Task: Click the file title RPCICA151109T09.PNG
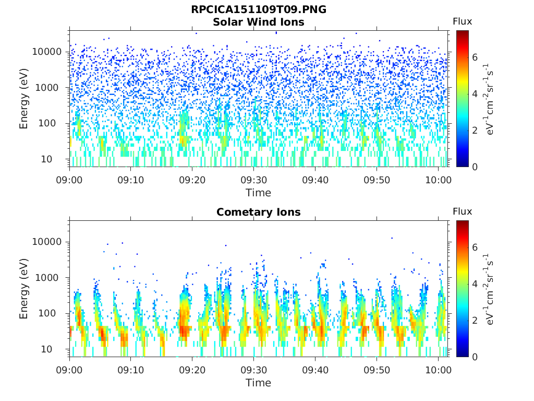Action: (x=259, y=9)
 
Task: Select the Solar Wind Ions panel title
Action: (x=259, y=22)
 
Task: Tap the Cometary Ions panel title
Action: (x=259, y=212)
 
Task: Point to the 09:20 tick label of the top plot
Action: (x=192, y=180)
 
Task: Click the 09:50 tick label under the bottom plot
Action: (x=377, y=370)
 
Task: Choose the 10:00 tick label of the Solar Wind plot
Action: (x=438, y=180)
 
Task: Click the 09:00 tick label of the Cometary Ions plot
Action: (x=69, y=370)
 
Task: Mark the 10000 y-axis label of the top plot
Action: (x=47, y=52)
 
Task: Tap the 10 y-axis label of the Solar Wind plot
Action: (x=46, y=159)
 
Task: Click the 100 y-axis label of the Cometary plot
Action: (x=47, y=313)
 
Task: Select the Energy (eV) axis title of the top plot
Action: (x=23, y=99)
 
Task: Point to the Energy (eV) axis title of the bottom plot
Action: (x=23, y=289)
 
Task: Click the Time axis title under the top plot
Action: (x=259, y=193)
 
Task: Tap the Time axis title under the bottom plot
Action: (x=259, y=383)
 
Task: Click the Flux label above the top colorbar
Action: (x=462, y=21)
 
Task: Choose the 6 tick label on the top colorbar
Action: (x=475, y=57)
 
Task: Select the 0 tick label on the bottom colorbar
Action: (x=475, y=357)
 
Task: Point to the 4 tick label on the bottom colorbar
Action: (x=475, y=284)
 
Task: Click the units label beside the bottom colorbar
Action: (x=489, y=289)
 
